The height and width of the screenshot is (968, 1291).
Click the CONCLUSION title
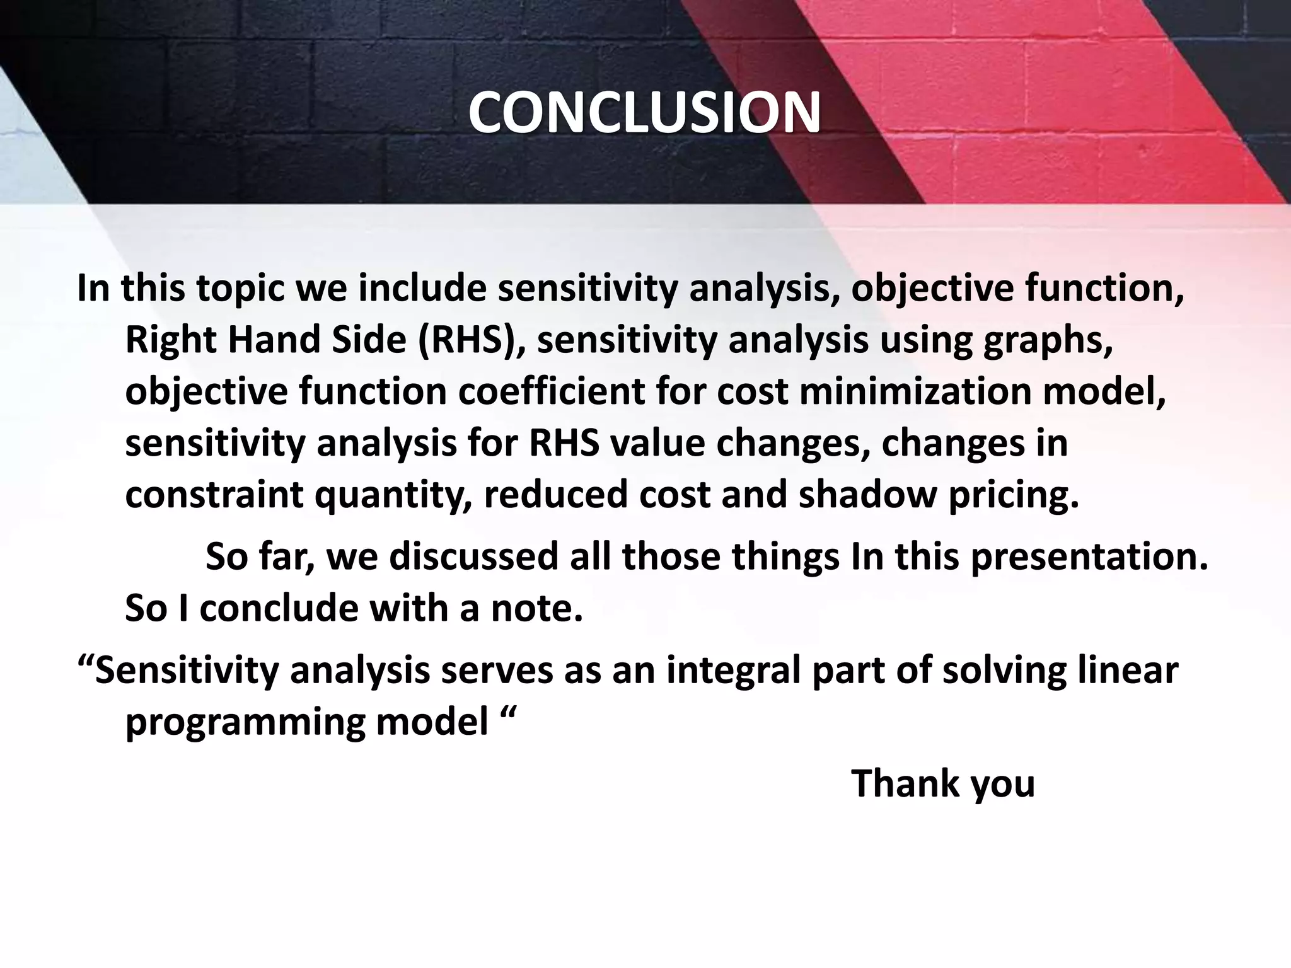pos(644,113)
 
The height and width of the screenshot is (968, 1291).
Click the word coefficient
pos(551,391)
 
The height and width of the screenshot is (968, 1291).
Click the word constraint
pos(214,495)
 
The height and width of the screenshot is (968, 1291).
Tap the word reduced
pos(555,495)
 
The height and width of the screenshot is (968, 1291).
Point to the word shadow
pos(867,495)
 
